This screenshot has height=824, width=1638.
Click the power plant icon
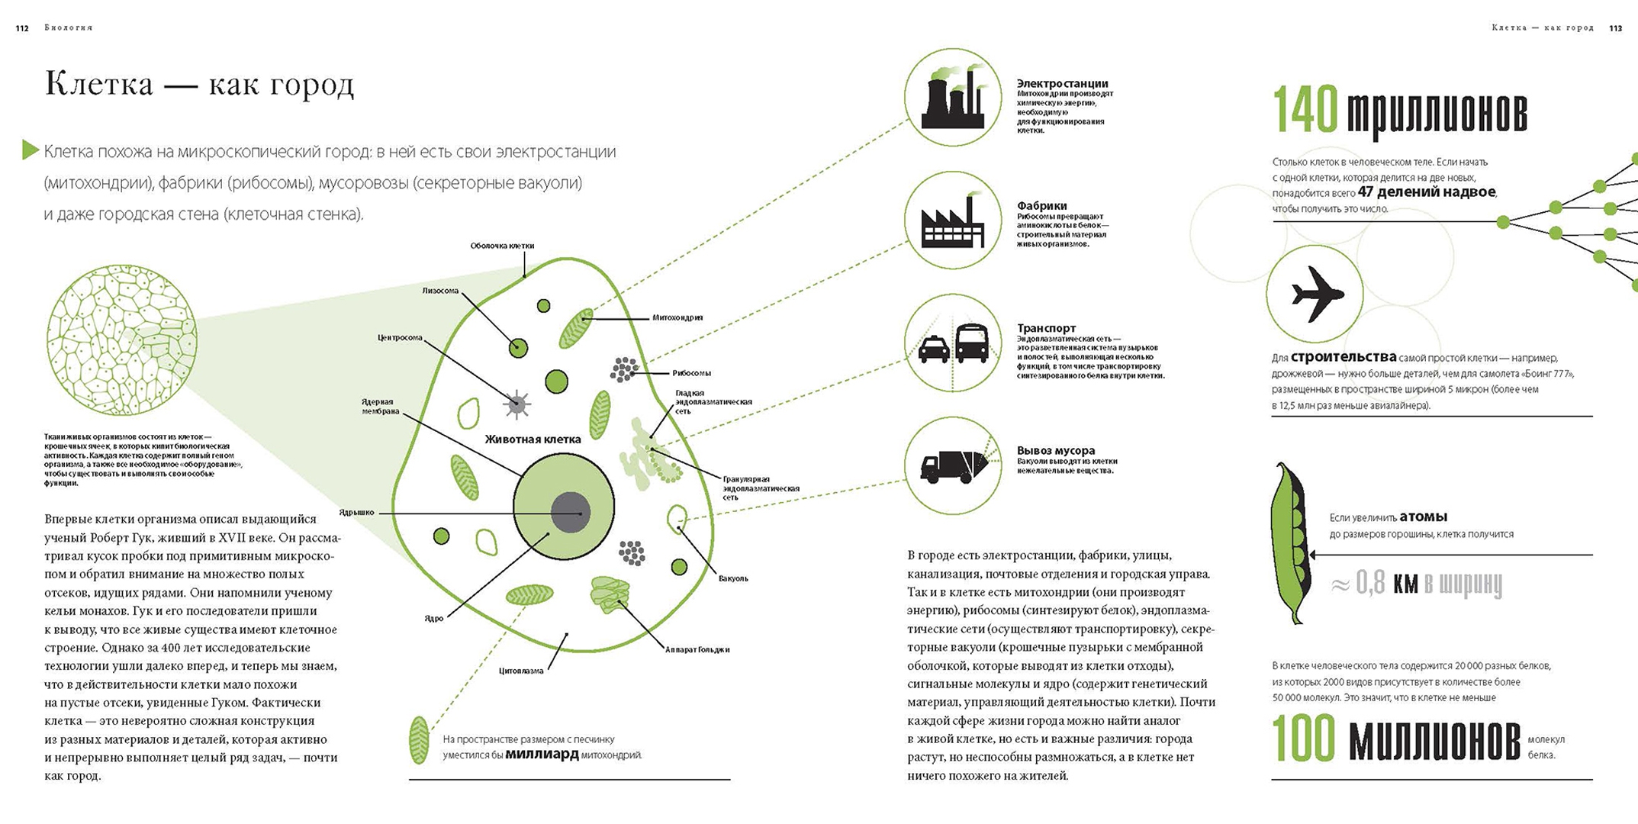click(x=953, y=98)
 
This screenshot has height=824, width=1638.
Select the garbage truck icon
click(x=954, y=466)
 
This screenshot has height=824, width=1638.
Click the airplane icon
click(x=1317, y=294)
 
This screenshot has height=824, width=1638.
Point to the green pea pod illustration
click(x=1290, y=542)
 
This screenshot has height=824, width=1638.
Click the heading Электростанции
click(x=1062, y=83)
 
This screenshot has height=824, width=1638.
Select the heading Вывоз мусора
click(x=1055, y=450)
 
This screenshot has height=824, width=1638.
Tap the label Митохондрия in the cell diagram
click(x=677, y=317)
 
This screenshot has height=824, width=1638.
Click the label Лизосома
click(x=440, y=291)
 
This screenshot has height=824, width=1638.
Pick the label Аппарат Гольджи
click(x=697, y=650)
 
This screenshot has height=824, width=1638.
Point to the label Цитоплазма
click(x=521, y=671)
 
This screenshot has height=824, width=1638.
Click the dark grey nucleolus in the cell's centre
click(x=571, y=512)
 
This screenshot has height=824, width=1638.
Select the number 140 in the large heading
click(x=1305, y=109)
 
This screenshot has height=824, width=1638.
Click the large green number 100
click(x=1304, y=739)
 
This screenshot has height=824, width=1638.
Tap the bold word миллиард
click(x=542, y=755)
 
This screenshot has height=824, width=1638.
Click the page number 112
click(x=22, y=28)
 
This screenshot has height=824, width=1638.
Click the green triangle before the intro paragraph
click(x=31, y=150)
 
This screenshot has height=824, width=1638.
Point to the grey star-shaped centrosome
click(x=517, y=404)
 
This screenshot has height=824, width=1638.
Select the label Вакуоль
click(x=733, y=578)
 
